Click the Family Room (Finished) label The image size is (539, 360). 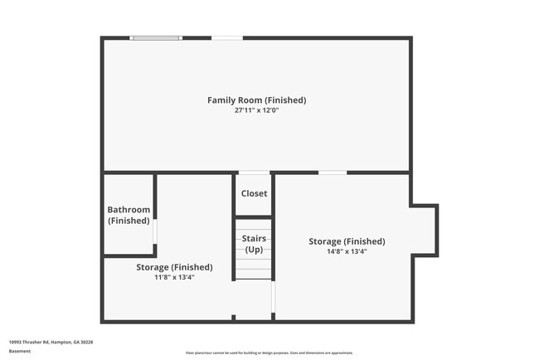(x=256, y=100)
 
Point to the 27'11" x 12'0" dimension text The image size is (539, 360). (x=256, y=110)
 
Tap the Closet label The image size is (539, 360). (x=254, y=193)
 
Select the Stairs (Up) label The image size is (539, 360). (x=254, y=244)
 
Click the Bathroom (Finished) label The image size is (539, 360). (x=129, y=215)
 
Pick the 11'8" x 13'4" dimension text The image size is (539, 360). (x=174, y=277)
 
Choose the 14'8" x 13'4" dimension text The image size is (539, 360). (x=347, y=251)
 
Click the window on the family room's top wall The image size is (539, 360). (x=156, y=37)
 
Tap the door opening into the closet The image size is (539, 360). (x=254, y=173)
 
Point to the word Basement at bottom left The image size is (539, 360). (x=20, y=351)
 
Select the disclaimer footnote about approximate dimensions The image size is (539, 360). (x=269, y=352)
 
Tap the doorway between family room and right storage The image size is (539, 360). (x=333, y=173)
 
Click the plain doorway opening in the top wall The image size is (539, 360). (x=227, y=37)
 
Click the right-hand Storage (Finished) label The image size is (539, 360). (x=347, y=241)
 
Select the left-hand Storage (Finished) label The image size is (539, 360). (x=174, y=267)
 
